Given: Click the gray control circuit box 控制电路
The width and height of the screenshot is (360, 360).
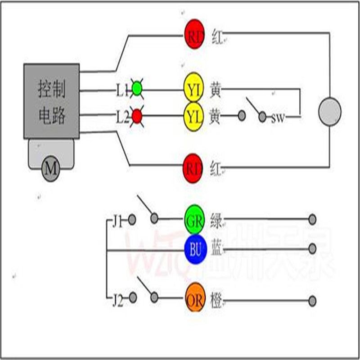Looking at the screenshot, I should click(x=52, y=101).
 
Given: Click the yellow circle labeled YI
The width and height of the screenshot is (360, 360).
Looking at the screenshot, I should click(x=194, y=90).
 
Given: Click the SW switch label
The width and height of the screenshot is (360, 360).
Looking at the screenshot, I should click(x=278, y=119).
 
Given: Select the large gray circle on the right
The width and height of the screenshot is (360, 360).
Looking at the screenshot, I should click(x=329, y=111).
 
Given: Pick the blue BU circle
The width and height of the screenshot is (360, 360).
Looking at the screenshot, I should click(x=195, y=249).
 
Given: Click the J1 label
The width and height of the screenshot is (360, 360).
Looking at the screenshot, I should click(x=117, y=220).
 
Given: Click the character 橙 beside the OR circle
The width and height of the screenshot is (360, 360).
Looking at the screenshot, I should click(x=216, y=300).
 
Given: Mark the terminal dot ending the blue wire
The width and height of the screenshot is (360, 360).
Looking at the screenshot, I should click(x=312, y=249).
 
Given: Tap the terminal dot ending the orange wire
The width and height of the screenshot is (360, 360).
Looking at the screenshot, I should click(x=312, y=300).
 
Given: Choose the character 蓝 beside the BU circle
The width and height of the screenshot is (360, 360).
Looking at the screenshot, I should click(x=216, y=249).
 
